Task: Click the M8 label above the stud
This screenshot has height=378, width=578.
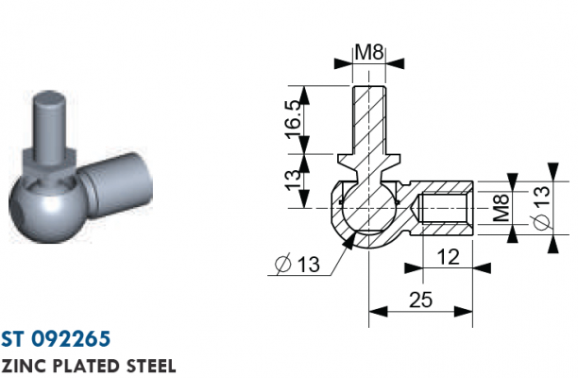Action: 369,52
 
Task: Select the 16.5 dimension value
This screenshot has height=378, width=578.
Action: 295,120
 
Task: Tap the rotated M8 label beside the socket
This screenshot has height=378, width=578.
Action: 501,208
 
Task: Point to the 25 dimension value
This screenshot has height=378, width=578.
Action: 420,300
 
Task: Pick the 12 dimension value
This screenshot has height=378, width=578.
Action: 449,257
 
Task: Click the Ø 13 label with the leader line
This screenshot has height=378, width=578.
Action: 297,264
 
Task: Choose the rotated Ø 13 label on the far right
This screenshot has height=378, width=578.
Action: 541,208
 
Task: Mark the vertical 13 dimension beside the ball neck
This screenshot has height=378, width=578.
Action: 294,180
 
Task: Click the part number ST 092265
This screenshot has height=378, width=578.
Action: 56,339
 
